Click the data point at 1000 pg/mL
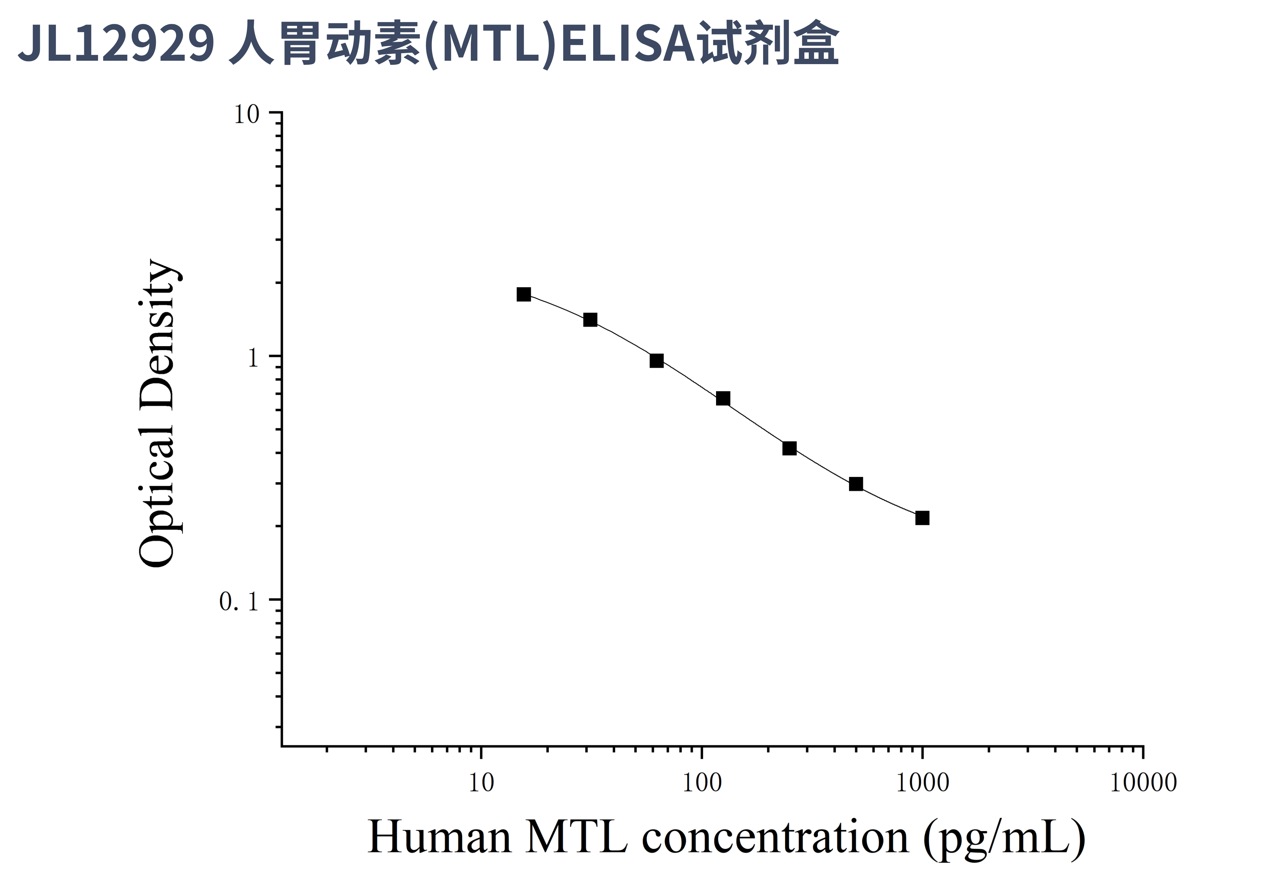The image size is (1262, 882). [x=922, y=518]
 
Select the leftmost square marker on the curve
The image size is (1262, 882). [x=524, y=295]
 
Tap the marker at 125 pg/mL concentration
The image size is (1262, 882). [x=723, y=399]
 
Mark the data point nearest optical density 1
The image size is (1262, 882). [x=656, y=361]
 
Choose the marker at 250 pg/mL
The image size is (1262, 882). [x=789, y=449]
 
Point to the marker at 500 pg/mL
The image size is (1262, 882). [x=856, y=484]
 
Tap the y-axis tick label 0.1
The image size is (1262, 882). [x=239, y=602]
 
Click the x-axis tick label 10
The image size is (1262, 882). [x=482, y=783]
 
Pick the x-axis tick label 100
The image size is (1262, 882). [x=702, y=783]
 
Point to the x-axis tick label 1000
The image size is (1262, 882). [x=922, y=783]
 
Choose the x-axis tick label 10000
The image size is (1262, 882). [x=1143, y=783]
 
